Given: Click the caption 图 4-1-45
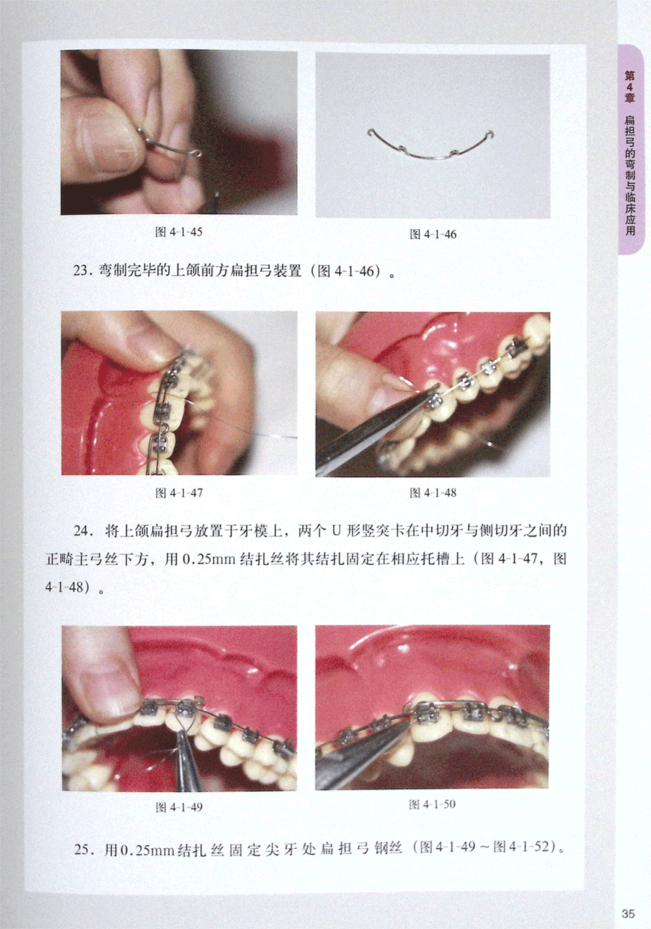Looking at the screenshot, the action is click(x=178, y=232).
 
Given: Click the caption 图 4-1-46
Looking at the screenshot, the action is click(x=433, y=234).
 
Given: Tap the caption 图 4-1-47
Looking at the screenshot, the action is click(x=179, y=493).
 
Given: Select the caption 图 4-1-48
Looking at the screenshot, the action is click(x=433, y=493).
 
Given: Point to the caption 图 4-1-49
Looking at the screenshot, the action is click(x=179, y=807).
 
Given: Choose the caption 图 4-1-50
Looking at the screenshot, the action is click(x=433, y=804).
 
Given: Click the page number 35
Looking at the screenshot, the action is click(x=628, y=913).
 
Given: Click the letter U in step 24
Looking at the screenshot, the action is click(x=336, y=531).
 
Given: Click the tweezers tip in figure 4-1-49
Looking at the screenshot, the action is click(x=180, y=732).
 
